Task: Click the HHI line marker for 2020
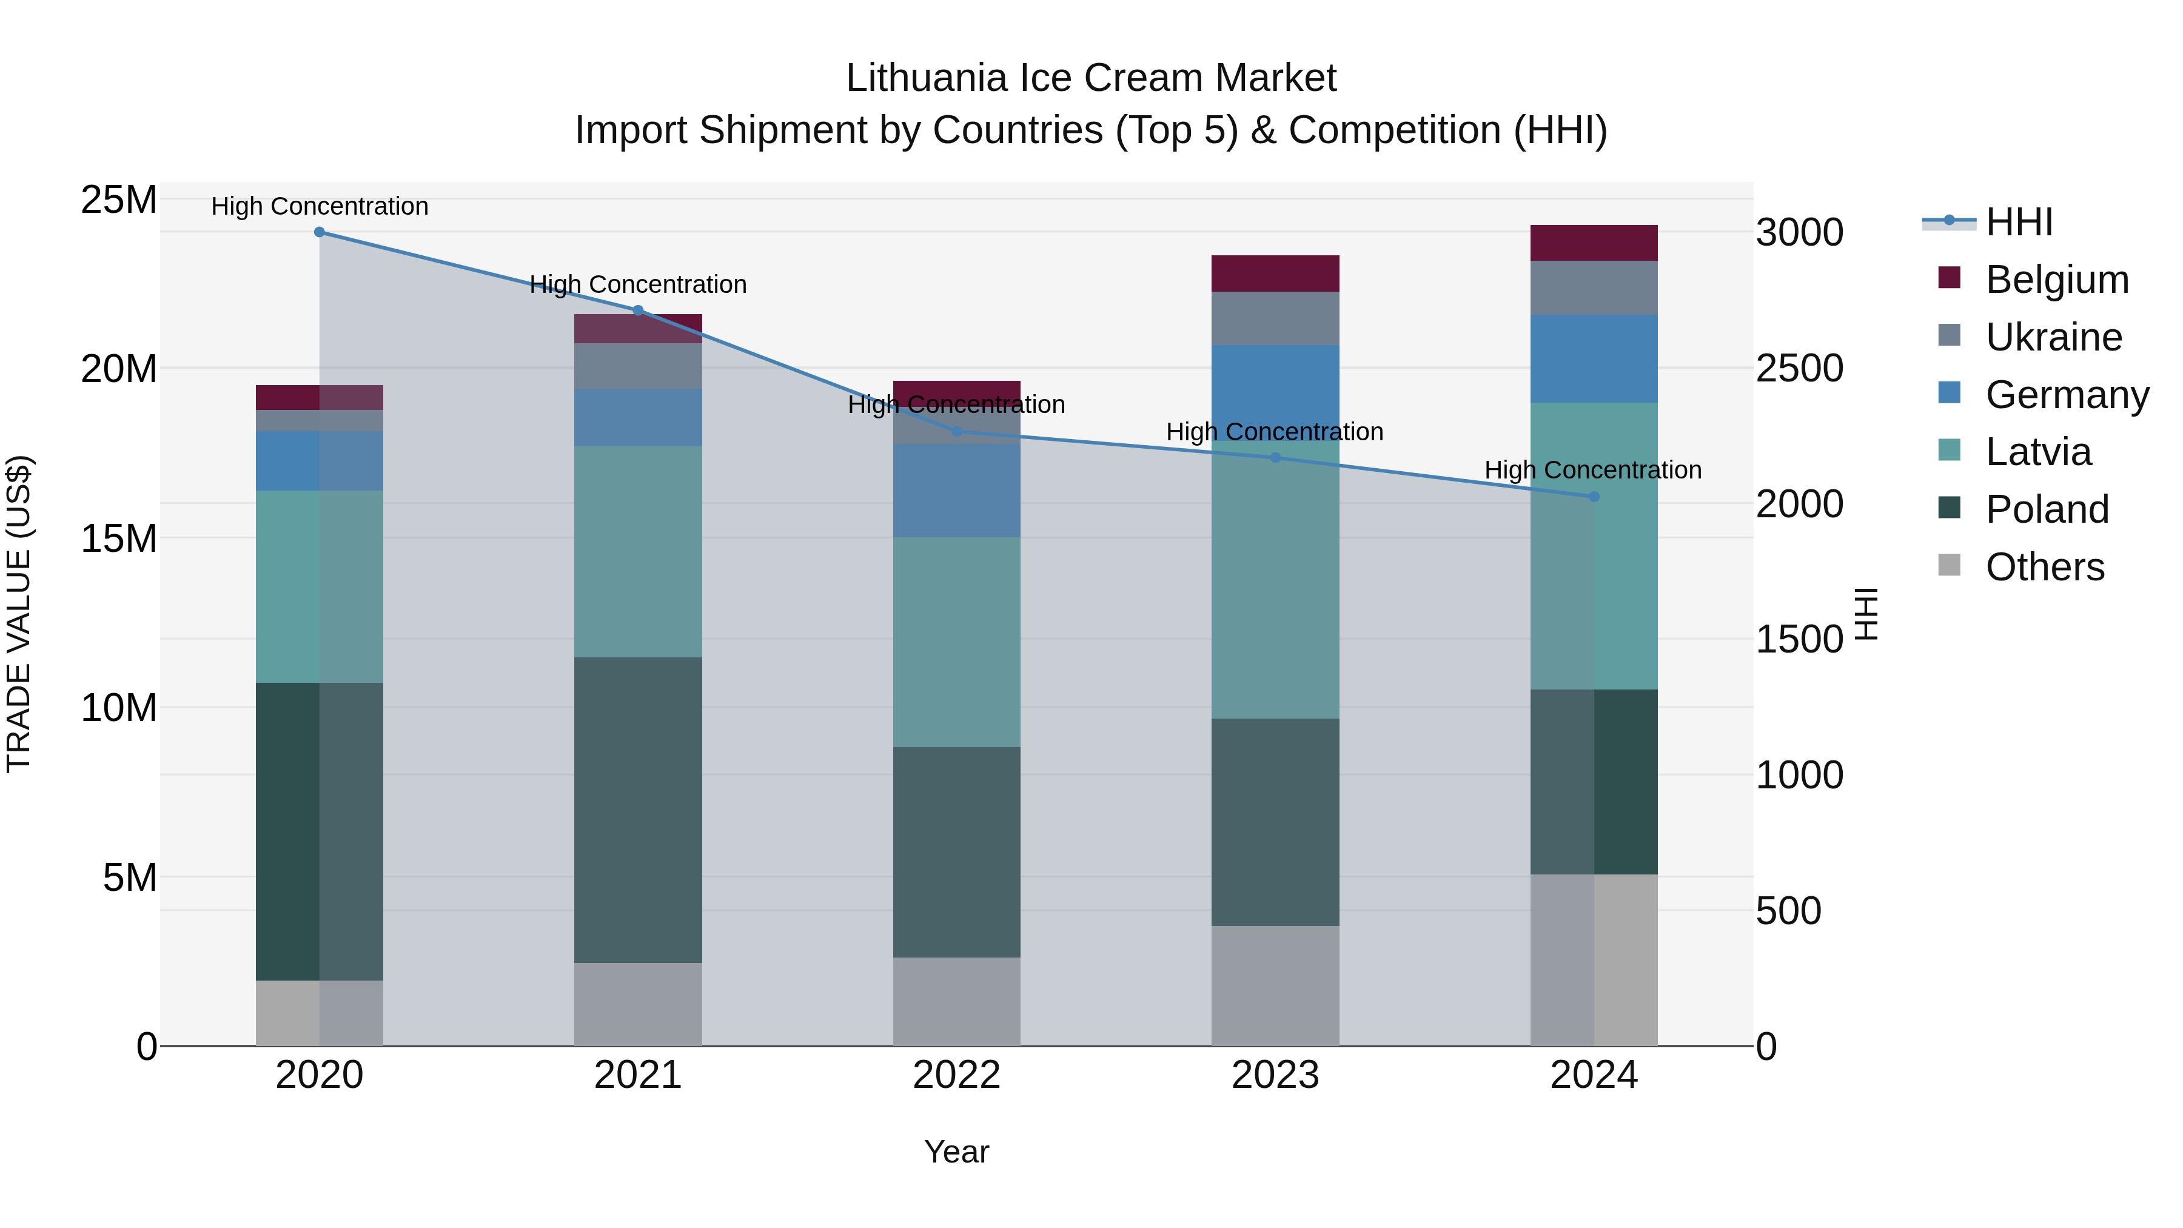(x=320, y=232)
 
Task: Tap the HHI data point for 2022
(x=957, y=431)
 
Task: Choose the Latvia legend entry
(x=2037, y=452)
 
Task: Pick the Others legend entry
(x=2044, y=567)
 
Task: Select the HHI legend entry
(x=2019, y=222)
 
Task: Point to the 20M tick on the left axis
(x=119, y=369)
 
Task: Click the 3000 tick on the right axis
(x=1799, y=233)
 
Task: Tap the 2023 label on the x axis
(x=1275, y=1075)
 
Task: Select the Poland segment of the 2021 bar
(x=638, y=810)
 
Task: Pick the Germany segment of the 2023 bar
(x=1275, y=392)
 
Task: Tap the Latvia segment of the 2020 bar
(x=320, y=586)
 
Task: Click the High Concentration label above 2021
(x=638, y=285)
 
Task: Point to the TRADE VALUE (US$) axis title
(x=19, y=614)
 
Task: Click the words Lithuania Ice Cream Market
(x=1091, y=79)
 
